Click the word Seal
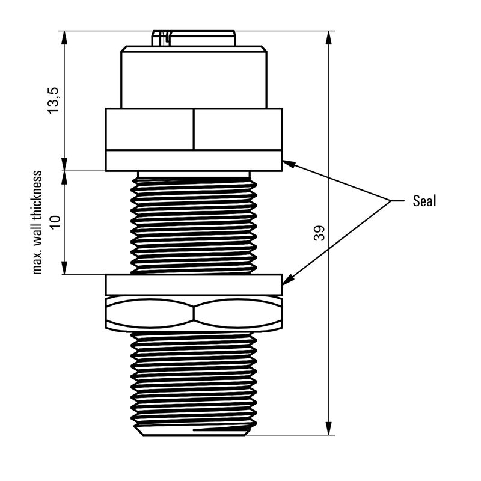click(x=424, y=201)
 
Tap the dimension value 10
click(x=55, y=222)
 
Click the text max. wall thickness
click(x=37, y=222)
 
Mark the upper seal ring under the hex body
click(x=194, y=161)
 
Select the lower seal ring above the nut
click(x=194, y=284)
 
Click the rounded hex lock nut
click(x=194, y=313)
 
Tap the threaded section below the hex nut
click(x=194, y=379)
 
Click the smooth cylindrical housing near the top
click(x=194, y=78)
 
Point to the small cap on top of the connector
click(x=194, y=38)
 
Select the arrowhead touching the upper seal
click(x=288, y=163)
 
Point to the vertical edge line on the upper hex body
click(x=194, y=129)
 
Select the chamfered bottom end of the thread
click(x=194, y=430)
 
